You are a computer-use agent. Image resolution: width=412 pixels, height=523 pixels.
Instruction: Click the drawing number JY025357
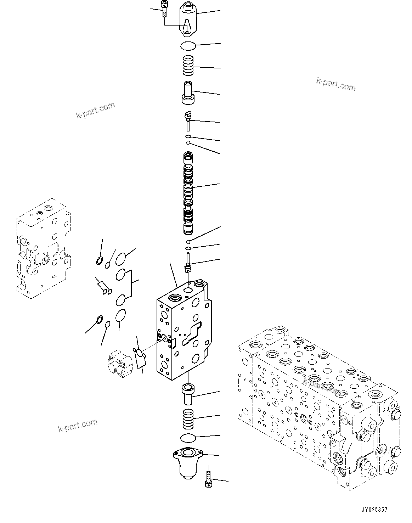coord(374,510)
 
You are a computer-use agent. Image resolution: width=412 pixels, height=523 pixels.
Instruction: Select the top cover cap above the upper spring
coord(188,19)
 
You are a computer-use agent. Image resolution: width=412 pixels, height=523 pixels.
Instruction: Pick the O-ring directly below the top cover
coord(187,46)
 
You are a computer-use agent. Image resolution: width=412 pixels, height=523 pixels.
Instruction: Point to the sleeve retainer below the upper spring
coord(188,93)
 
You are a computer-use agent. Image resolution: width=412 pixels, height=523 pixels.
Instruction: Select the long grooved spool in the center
coord(188,193)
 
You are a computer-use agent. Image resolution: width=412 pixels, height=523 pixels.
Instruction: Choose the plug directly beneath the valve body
coord(187,393)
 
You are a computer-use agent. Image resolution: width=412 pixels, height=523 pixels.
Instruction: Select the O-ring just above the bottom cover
coord(187,438)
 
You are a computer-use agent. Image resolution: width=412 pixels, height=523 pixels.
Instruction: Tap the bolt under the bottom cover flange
coord(208,478)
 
